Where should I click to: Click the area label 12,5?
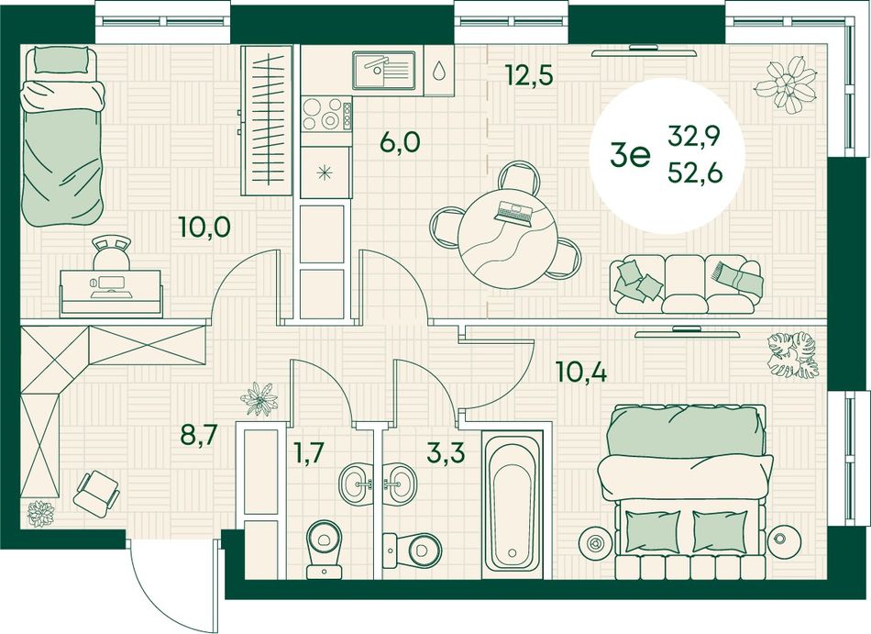[529, 75]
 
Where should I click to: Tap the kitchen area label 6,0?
[400, 143]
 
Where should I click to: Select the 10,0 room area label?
[205, 227]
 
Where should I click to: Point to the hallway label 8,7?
[198, 435]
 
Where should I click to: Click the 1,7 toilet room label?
[309, 454]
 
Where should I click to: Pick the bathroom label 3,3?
[446, 453]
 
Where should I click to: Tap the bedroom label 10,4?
[582, 372]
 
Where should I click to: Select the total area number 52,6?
[695, 174]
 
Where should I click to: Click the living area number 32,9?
[694, 136]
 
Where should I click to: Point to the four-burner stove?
[326, 114]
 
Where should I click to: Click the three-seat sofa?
[687, 284]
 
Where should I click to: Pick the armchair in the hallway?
[97, 493]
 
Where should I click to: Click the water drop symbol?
[439, 70]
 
